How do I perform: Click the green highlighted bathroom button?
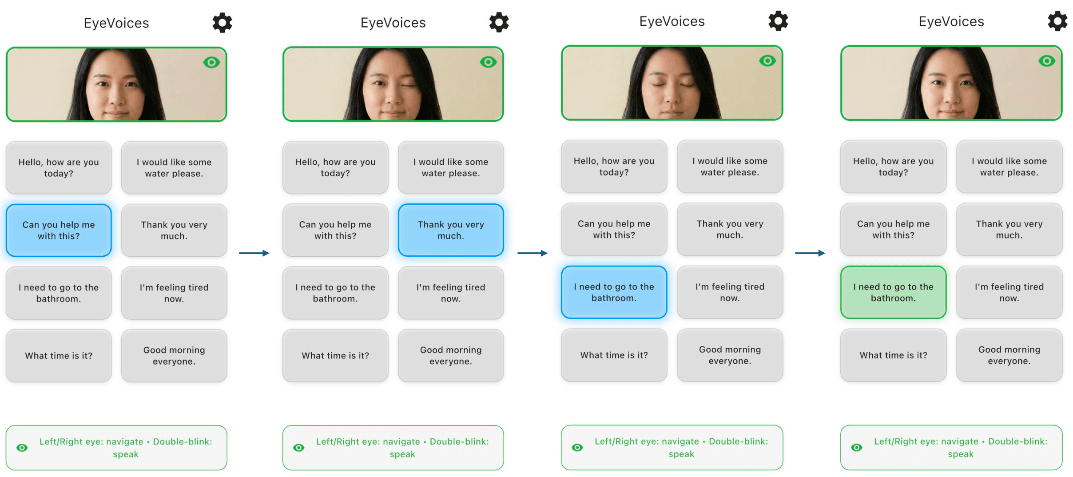(893, 292)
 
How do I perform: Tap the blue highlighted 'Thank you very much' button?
(450, 230)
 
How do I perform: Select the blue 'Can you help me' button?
(59, 230)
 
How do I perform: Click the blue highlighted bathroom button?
(614, 292)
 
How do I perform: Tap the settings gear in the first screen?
(222, 23)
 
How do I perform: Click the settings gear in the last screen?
(1057, 21)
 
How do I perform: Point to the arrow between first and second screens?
(254, 253)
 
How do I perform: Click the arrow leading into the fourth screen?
(810, 253)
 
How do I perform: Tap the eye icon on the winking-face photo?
(488, 62)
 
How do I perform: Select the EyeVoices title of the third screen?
(672, 21)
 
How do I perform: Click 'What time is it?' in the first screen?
(59, 356)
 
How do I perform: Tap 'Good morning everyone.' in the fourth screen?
(1009, 355)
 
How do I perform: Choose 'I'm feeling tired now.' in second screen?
(450, 293)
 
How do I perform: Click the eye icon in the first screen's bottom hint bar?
(22, 448)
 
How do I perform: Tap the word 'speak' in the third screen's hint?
(681, 454)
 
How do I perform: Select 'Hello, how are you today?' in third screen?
(614, 167)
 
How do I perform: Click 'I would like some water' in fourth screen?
(1009, 167)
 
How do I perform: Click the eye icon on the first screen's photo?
(211, 63)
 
